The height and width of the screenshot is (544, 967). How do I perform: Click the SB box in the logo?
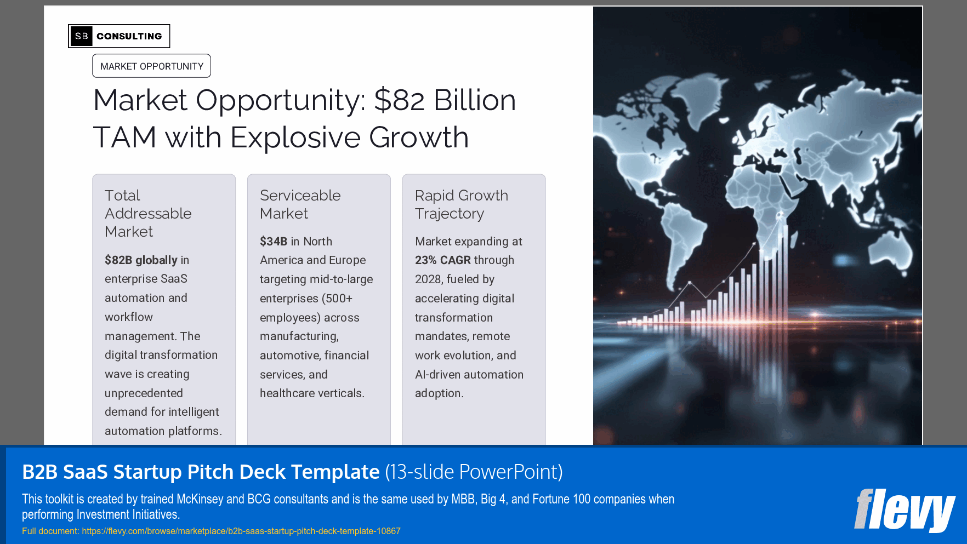pos(81,36)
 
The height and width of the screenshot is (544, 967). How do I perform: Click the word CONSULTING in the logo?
pos(129,36)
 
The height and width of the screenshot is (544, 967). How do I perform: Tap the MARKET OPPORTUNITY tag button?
pos(151,66)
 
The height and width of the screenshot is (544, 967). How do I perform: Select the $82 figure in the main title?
pos(399,100)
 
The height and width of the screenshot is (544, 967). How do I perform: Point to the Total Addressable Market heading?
pos(148,213)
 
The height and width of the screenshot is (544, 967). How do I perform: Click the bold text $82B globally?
pos(141,260)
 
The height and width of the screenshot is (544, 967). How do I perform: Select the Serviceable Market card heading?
pos(300,204)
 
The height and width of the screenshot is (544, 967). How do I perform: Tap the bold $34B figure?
pos(273,242)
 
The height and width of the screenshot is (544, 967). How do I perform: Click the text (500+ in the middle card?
pos(337,299)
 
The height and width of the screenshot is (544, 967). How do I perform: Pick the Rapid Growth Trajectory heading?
pos(461,204)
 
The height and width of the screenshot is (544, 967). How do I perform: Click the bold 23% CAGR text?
pos(442,260)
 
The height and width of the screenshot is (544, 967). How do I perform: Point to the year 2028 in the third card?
pos(428,279)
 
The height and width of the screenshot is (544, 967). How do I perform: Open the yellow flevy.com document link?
pos(241,531)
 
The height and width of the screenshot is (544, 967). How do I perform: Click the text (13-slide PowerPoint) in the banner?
pos(474,472)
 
